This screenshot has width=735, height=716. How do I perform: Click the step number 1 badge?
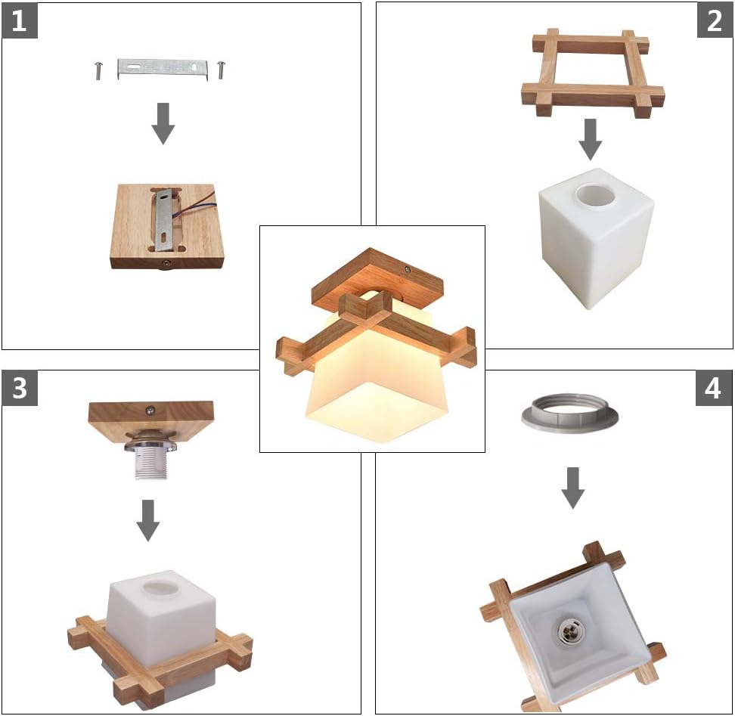click(x=20, y=21)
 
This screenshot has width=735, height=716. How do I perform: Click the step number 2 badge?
click(x=715, y=21)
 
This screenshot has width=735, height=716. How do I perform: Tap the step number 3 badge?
click(x=20, y=389)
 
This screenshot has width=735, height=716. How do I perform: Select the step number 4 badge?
click(x=713, y=389)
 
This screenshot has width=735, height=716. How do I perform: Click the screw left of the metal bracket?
click(x=98, y=71)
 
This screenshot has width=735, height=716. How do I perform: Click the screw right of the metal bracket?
click(x=221, y=70)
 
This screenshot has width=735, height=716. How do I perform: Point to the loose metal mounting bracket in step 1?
click(x=163, y=69)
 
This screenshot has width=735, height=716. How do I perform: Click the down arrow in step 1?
click(x=163, y=123)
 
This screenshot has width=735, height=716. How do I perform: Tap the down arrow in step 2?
click(x=591, y=140)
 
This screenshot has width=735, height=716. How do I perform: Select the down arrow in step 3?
click(x=148, y=521)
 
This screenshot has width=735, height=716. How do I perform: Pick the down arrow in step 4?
click(x=573, y=488)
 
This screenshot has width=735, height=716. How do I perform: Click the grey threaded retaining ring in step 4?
click(x=569, y=411)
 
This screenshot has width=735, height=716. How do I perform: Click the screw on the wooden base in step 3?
click(x=151, y=410)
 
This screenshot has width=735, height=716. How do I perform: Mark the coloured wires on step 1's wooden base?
click(x=194, y=209)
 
